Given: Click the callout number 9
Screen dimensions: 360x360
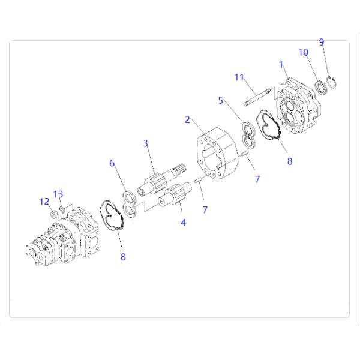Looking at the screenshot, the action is click(322, 42).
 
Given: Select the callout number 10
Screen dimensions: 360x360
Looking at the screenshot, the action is click(303, 52).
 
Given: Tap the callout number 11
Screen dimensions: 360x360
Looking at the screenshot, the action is click(239, 77).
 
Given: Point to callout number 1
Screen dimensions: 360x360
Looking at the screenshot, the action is click(281, 65).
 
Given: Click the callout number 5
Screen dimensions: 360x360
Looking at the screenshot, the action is click(220, 100).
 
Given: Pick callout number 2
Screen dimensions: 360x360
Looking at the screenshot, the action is click(187, 119).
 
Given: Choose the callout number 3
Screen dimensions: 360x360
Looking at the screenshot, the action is click(146, 143).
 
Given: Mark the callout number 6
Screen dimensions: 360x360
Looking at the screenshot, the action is click(112, 163).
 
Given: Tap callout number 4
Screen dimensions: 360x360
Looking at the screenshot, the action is click(183, 222).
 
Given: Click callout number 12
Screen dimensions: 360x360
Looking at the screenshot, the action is click(44, 202).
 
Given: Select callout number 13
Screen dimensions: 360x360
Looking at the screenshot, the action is click(58, 194).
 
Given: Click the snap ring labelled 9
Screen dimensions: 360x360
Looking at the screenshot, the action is click(332, 82).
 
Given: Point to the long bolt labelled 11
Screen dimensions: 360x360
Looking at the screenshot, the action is click(257, 96).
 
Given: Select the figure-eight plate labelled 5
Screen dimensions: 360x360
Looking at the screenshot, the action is click(249, 135).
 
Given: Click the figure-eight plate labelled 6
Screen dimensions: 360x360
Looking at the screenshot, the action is click(129, 204).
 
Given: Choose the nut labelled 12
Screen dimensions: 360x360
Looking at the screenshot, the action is click(54, 214).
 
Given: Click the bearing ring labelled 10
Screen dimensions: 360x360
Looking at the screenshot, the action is click(321, 88).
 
